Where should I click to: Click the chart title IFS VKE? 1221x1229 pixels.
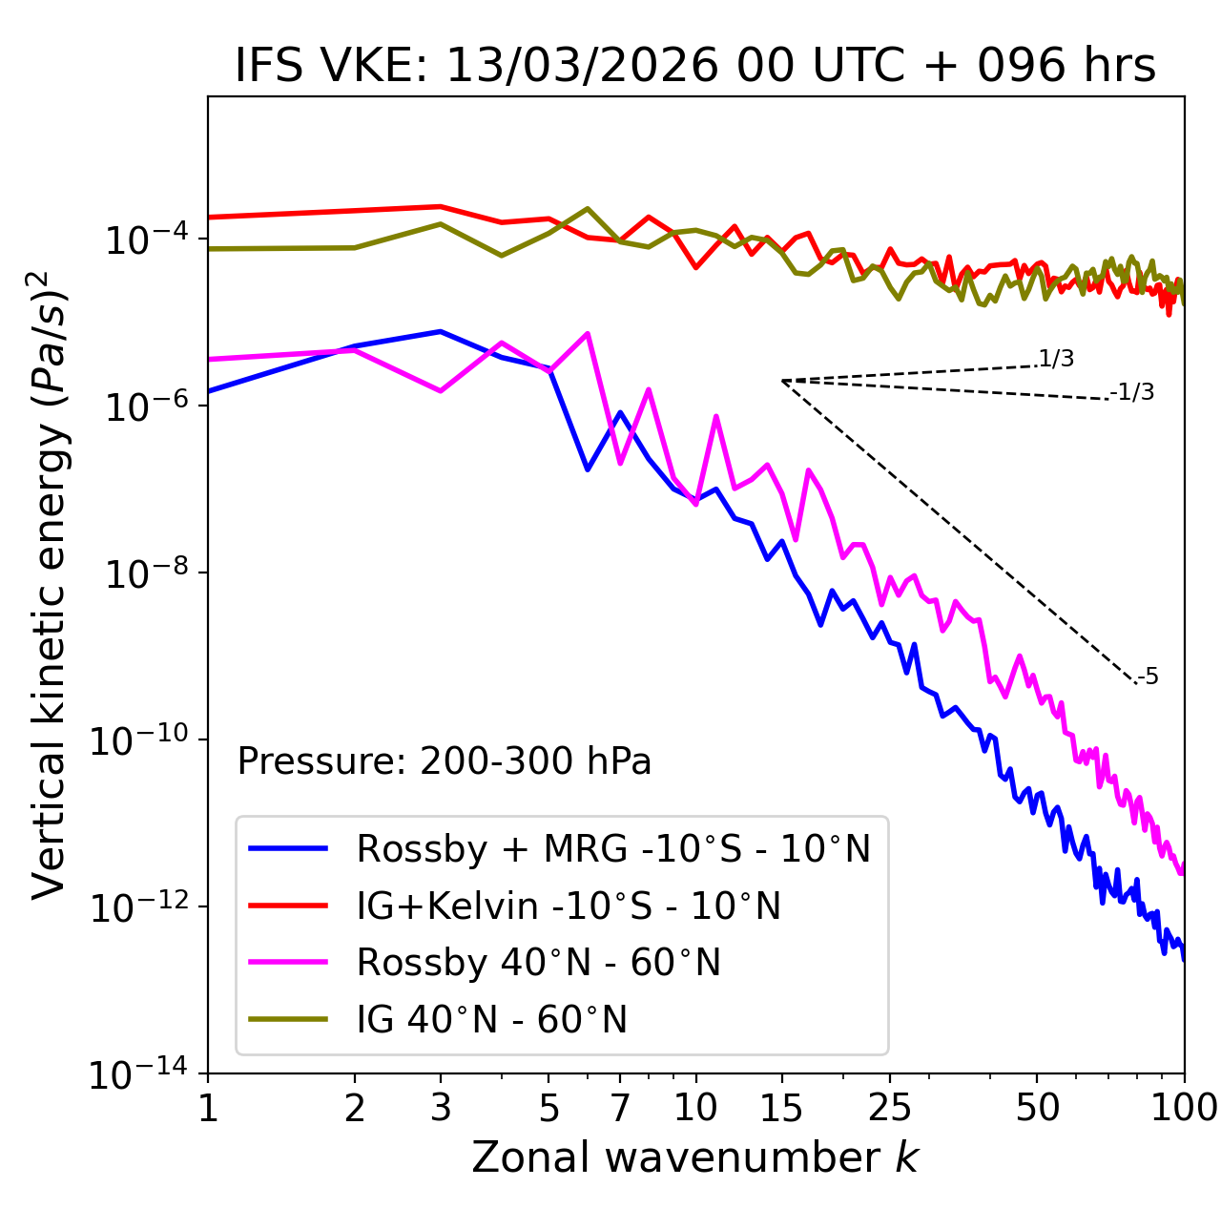click(x=695, y=66)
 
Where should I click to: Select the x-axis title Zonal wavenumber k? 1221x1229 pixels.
click(x=695, y=1156)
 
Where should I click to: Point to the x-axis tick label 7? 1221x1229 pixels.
click(x=620, y=1108)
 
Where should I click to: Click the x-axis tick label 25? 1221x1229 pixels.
click(x=889, y=1108)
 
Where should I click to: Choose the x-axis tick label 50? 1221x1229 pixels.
click(x=1037, y=1108)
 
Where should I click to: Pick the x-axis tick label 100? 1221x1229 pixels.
click(x=1184, y=1108)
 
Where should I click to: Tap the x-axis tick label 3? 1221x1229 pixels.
click(x=441, y=1108)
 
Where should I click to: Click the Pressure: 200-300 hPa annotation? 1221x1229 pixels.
click(x=445, y=761)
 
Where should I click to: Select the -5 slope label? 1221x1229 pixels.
click(x=1148, y=677)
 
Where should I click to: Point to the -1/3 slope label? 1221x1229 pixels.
click(x=1132, y=391)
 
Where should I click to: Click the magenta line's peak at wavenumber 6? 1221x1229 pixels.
click(x=588, y=333)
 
